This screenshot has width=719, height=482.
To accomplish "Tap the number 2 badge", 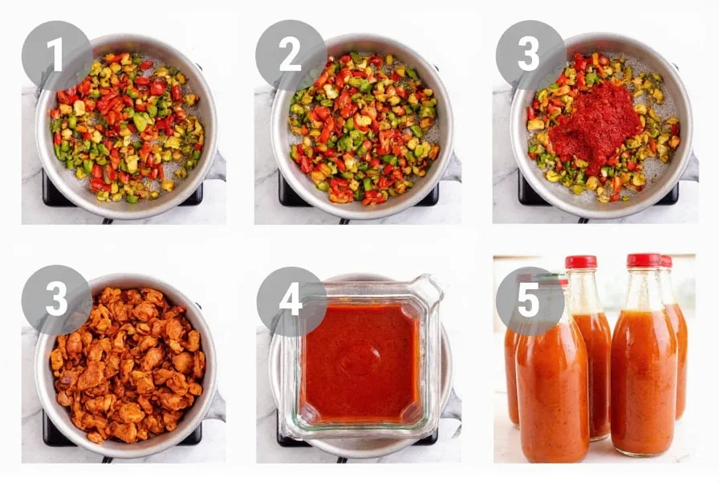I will pyautogui.click(x=290, y=55).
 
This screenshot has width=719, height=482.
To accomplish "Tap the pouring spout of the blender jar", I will pyautogui.click(x=429, y=287).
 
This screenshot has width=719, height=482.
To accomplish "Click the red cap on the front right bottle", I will pyautogui.click(x=644, y=261).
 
